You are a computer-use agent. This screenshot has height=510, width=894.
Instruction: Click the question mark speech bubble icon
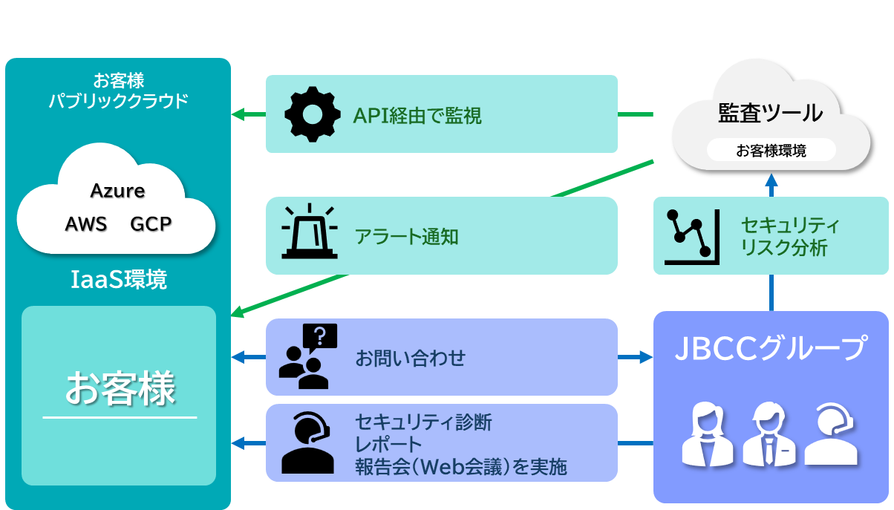coord(320,337)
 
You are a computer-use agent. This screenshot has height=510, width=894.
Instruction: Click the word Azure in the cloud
coord(117,191)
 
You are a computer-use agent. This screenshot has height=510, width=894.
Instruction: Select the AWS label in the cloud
coord(86,223)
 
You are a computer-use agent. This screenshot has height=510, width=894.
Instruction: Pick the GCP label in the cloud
coord(151,223)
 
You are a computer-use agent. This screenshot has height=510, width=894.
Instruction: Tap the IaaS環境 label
coord(119,280)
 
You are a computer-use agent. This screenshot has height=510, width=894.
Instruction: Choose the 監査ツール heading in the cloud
coord(771,113)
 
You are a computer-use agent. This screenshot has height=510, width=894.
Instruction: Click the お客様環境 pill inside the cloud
coord(771,151)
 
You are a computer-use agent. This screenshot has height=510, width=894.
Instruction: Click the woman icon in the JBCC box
coord(707,434)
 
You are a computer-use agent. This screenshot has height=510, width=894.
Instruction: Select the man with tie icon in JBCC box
coord(769,434)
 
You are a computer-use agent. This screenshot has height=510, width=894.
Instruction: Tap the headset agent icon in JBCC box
coord(831,434)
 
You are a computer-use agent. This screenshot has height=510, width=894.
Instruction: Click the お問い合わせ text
coord(410,358)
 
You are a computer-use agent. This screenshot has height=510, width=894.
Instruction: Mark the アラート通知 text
coord(406,237)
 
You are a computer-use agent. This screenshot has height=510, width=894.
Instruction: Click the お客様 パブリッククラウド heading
coord(119,91)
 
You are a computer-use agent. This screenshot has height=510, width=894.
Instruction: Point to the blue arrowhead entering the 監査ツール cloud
coord(771,180)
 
